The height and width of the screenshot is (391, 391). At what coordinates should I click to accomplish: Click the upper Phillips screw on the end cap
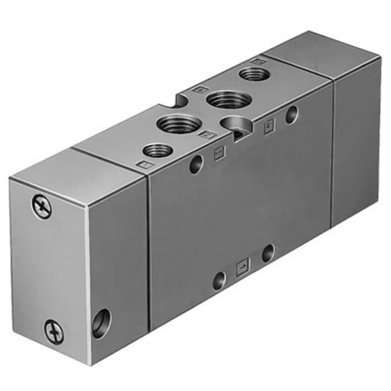tap(41, 207)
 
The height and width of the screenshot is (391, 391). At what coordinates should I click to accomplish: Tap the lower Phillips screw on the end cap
tap(54, 332)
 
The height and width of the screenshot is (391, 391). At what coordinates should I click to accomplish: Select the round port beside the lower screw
tap(101, 323)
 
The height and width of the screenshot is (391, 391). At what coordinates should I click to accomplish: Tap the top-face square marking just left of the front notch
tap(206, 135)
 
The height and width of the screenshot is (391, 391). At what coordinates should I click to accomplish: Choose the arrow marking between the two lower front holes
tap(243, 268)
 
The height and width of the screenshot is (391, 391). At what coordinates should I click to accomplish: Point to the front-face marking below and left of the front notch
tap(219, 154)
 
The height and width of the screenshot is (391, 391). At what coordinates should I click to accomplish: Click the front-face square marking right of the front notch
tap(269, 126)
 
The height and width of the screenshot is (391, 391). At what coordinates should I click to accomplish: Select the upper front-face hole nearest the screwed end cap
tap(196, 164)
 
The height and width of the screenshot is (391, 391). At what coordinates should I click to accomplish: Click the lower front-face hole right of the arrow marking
tap(268, 253)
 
